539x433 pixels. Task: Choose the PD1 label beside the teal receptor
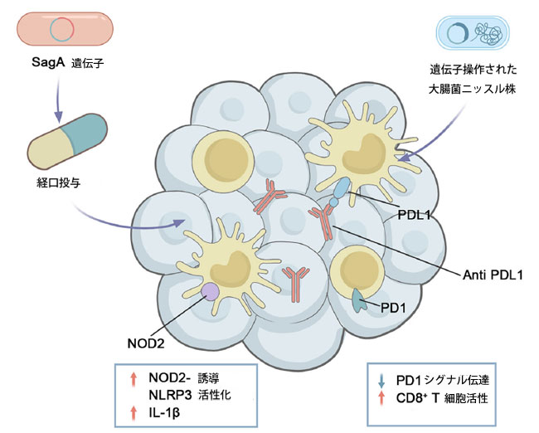[392, 308]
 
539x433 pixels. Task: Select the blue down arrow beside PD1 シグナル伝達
[381, 381]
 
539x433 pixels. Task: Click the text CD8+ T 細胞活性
[442, 397]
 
